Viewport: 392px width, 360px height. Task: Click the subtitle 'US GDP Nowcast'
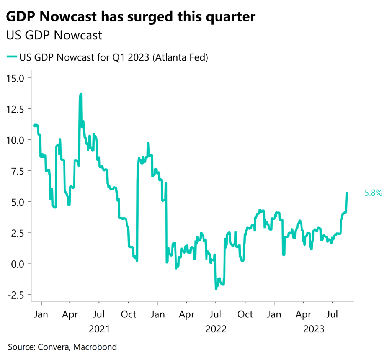(54, 35)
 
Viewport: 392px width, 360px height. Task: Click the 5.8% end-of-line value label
(373, 193)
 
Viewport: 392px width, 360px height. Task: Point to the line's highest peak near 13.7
(81, 94)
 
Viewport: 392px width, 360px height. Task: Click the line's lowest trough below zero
(216, 288)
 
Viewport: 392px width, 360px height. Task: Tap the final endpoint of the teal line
(347, 193)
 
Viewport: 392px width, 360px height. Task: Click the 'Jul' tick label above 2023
(332, 315)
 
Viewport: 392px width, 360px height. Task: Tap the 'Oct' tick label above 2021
(128, 315)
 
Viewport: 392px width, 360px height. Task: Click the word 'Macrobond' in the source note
(96, 347)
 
